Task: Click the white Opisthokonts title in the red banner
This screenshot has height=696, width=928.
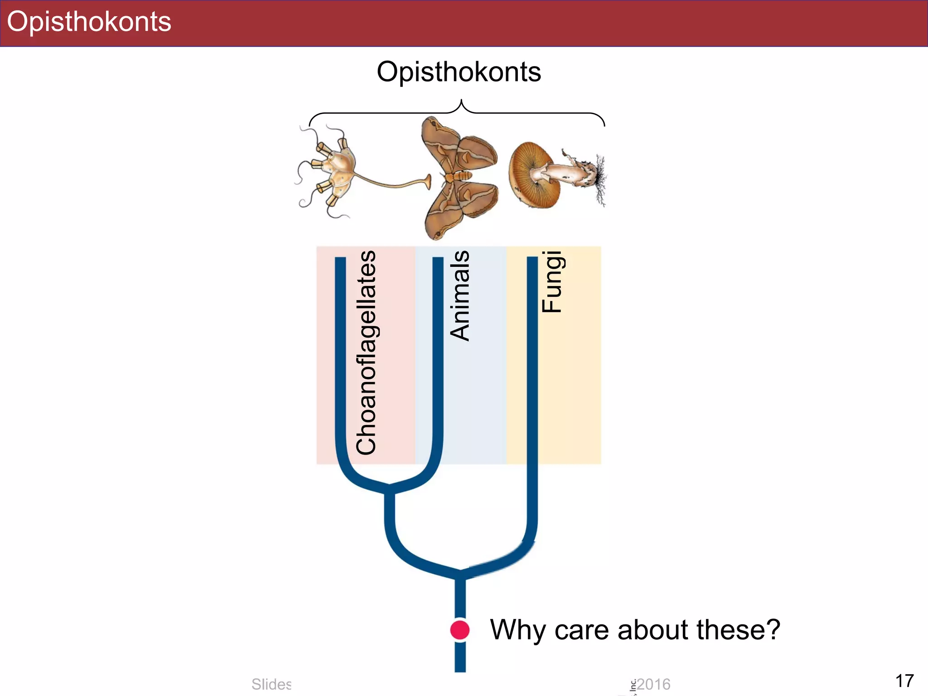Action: point(89,22)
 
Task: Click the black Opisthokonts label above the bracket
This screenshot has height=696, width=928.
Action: point(459,72)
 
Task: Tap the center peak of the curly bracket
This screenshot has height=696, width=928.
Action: point(461,101)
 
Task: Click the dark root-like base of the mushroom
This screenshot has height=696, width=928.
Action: point(600,179)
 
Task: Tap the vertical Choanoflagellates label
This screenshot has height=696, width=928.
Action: point(366,353)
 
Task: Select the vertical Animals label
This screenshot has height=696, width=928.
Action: point(459,295)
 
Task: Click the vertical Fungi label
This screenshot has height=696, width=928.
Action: point(552,282)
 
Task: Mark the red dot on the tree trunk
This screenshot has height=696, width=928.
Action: point(460,630)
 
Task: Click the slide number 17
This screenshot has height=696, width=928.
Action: point(904,681)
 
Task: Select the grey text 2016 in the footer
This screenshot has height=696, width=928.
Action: point(653,684)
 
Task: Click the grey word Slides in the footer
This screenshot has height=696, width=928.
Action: point(271,684)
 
